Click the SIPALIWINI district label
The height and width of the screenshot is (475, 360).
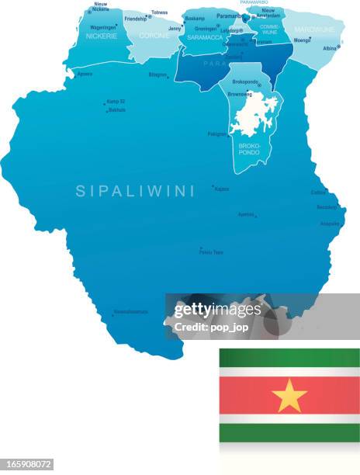(135, 191)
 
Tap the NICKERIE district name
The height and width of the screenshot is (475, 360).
(101, 36)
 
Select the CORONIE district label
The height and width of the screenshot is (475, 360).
(154, 36)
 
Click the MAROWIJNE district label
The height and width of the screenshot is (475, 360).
(313, 32)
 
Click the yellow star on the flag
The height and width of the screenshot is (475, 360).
(289, 396)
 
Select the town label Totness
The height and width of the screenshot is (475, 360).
(159, 12)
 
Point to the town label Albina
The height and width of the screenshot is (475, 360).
(330, 48)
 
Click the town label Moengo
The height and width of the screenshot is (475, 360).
(301, 40)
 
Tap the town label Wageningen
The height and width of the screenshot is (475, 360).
(103, 26)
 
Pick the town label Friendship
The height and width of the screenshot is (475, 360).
(135, 18)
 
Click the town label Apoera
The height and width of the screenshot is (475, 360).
(85, 74)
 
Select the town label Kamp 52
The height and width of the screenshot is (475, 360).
(116, 102)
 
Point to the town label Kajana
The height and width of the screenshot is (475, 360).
(222, 189)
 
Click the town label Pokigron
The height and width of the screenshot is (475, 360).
(217, 133)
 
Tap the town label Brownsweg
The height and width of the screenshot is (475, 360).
(239, 92)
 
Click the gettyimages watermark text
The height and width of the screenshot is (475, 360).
(217, 310)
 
